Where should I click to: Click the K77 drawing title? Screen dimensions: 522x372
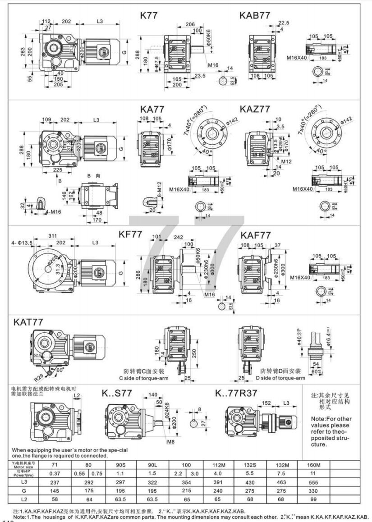(x=149, y=15)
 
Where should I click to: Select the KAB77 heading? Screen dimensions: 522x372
(x=255, y=15)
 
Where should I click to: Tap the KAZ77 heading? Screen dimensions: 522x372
(x=255, y=109)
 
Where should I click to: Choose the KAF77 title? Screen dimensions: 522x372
(x=256, y=235)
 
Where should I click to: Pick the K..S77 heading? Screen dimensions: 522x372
(x=117, y=393)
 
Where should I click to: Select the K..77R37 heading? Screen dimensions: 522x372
(x=236, y=393)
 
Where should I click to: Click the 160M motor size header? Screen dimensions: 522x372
(x=313, y=464)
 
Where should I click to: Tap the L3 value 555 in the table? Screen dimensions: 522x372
(x=313, y=481)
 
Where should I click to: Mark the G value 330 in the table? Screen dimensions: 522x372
(x=313, y=490)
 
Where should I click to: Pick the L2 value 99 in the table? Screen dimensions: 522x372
(x=313, y=499)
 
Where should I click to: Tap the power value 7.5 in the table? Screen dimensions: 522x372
(x=281, y=473)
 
